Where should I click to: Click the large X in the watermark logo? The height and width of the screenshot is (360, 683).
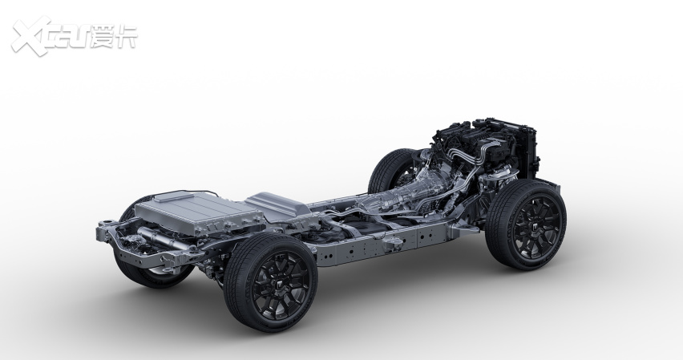point(30,37)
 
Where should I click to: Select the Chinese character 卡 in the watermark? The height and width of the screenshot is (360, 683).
point(126,37)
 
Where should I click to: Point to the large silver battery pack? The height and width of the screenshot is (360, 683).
point(198,211)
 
